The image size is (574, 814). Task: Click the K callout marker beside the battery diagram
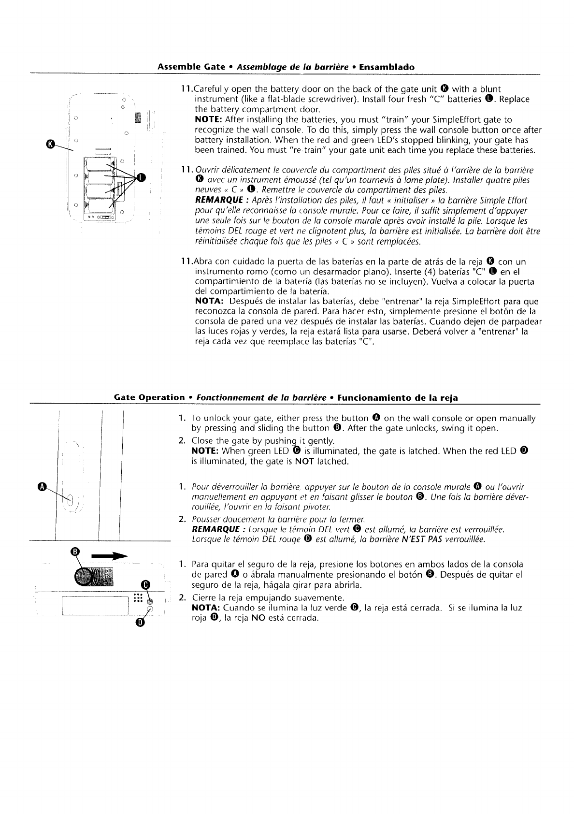pos(49,143)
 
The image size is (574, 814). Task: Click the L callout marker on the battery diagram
pos(141,177)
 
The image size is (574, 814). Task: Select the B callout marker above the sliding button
pos(75,552)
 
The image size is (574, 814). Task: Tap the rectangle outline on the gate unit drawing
pos(95,605)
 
